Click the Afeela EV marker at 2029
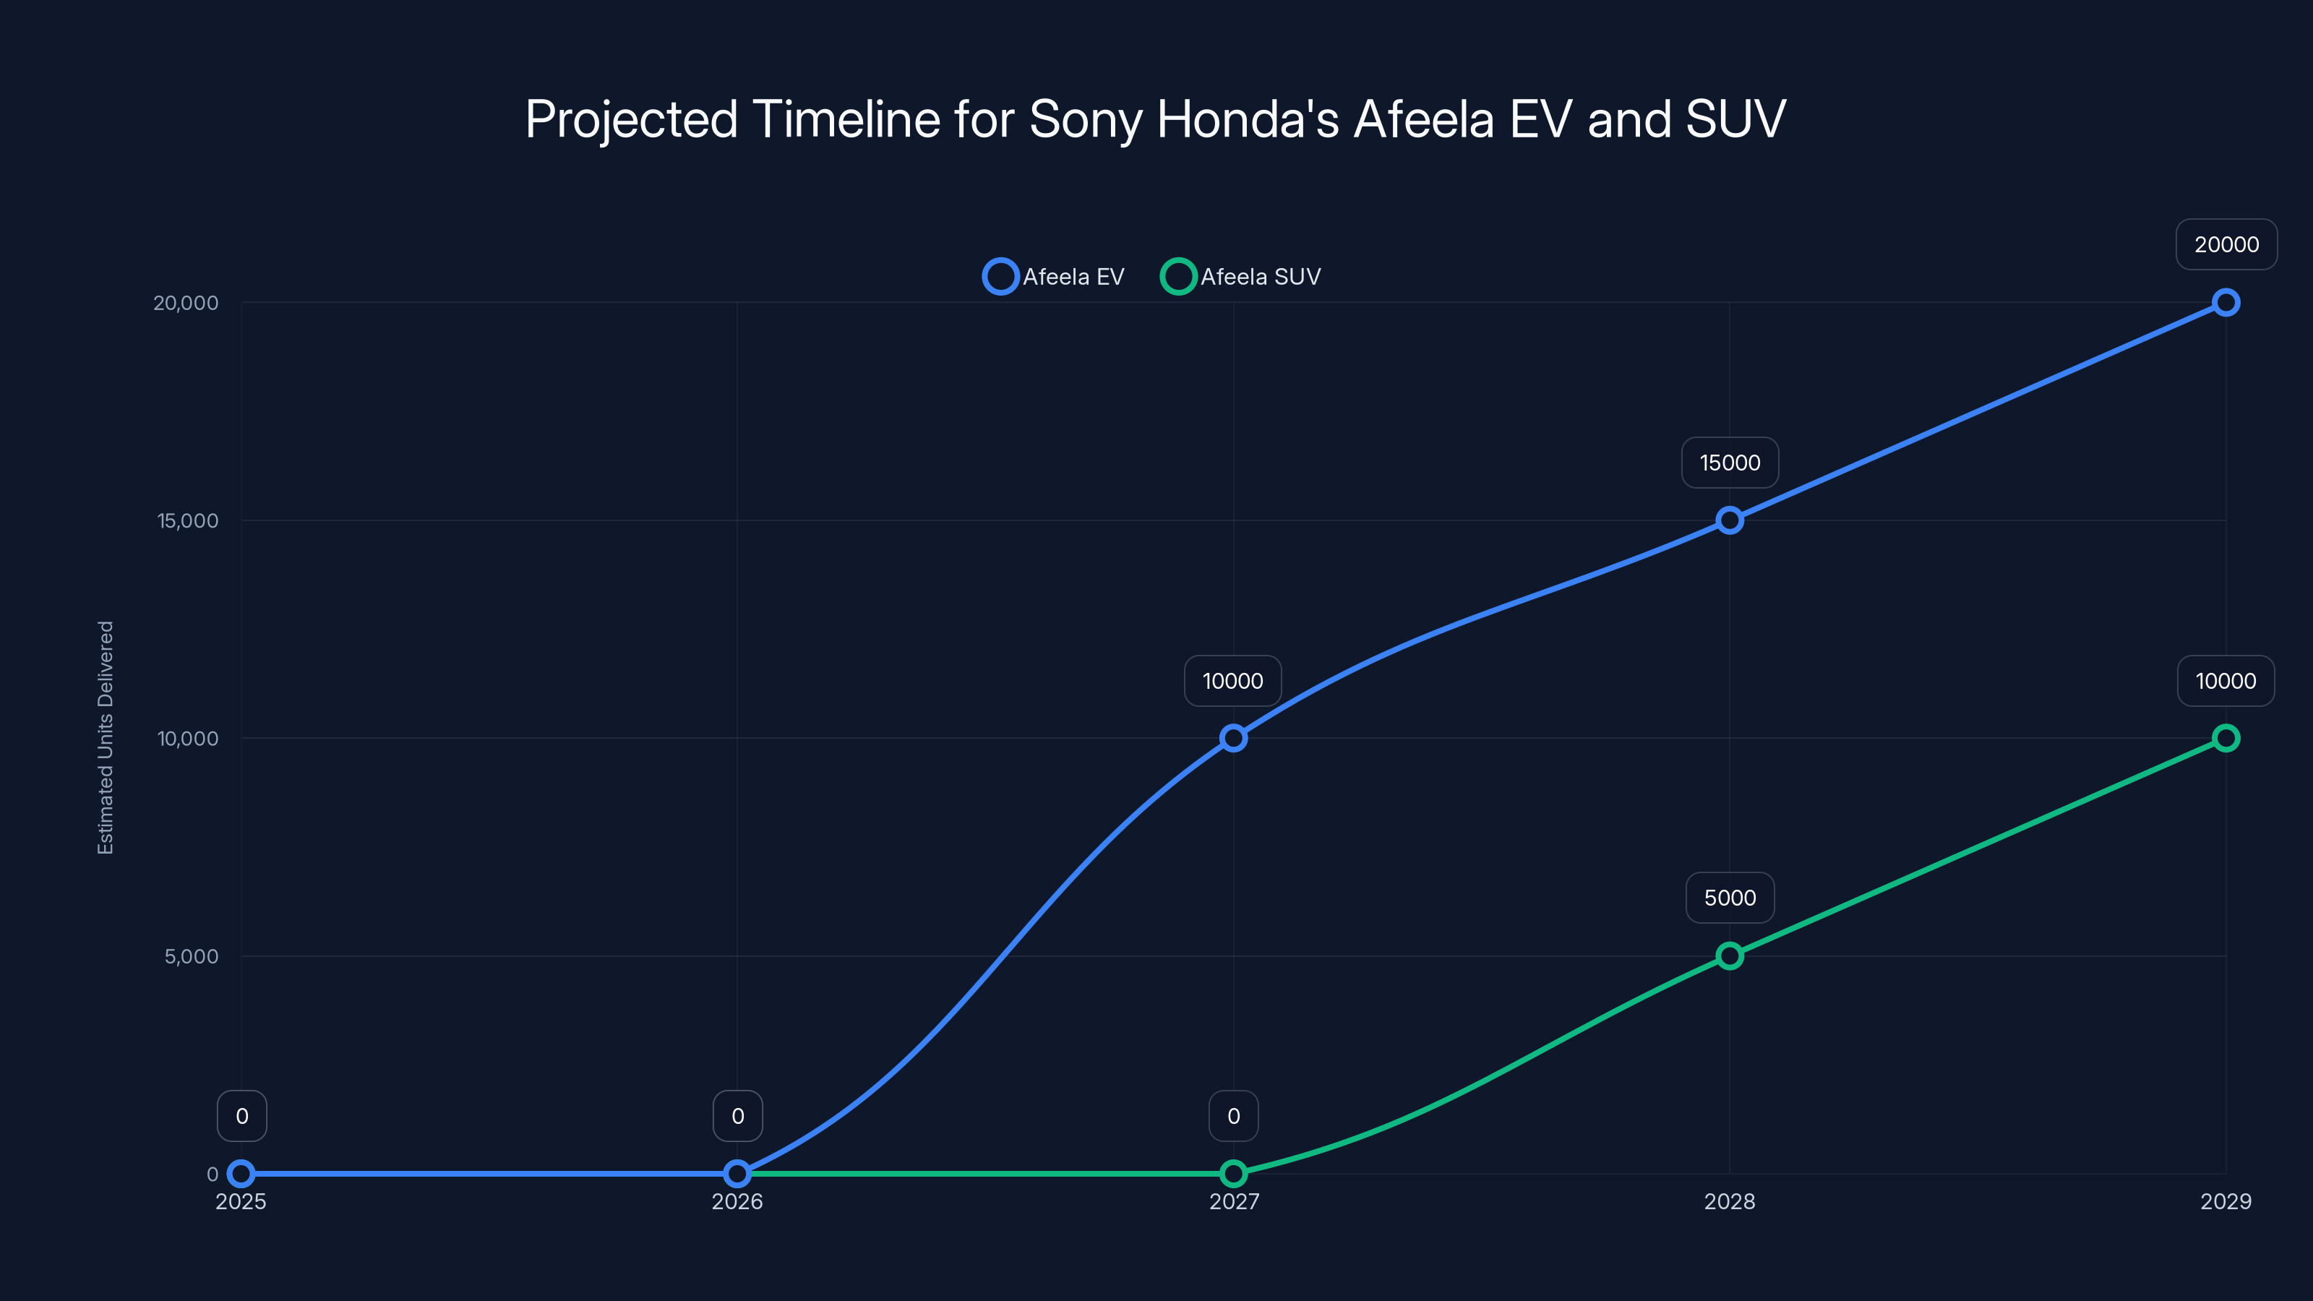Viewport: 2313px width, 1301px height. tap(2225, 303)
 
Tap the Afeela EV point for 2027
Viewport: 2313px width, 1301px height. tap(1234, 738)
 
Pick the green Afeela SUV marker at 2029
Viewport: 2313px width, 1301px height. tap(2225, 738)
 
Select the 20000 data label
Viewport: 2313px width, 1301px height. tap(2226, 244)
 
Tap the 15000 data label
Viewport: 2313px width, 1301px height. tap(1730, 463)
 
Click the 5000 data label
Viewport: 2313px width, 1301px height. tap(1730, 898)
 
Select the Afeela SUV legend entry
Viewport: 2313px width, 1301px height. tap(1242, 277)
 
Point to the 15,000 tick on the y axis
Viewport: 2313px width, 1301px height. tap(188, 520)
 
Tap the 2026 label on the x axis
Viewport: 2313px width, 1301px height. tap(737, 1201)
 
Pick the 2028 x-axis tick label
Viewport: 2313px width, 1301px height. tap(1730, 1201)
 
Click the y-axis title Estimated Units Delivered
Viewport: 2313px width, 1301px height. tap(106, 737)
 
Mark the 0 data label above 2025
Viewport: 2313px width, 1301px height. tap(241, 1116)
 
